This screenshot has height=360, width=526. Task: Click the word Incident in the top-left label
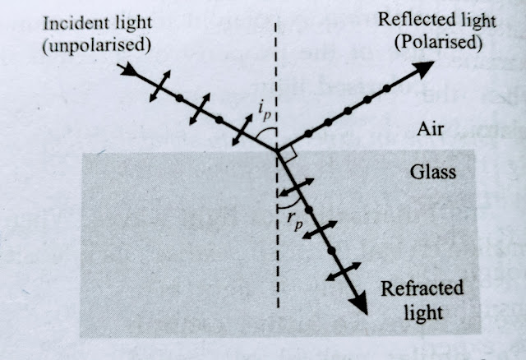(x=70, y=21)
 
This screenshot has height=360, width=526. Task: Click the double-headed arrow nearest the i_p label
(x=242, y=130)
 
